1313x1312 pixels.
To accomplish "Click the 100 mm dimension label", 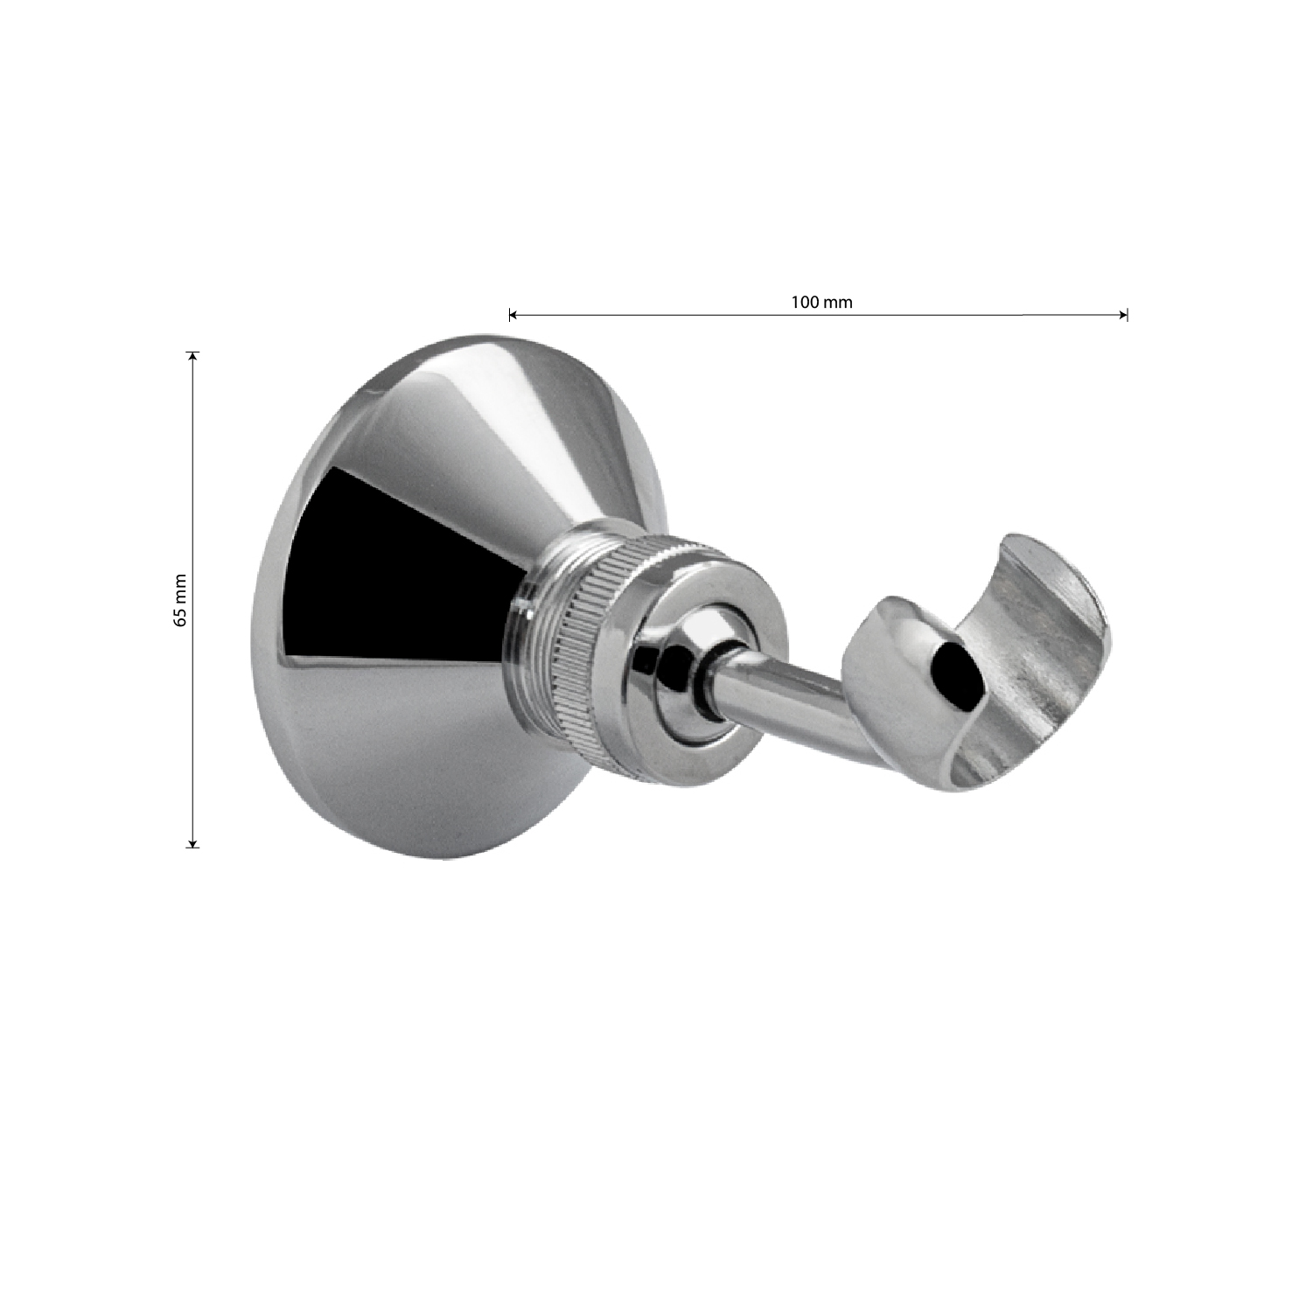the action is pos(821,303).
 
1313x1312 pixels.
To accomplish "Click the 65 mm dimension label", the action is pos(180,600).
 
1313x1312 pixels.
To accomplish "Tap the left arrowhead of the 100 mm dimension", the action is pos(513,315).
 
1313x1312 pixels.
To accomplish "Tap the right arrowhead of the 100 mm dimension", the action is pos(1123,315).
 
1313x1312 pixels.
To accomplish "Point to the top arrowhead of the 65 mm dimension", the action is pos(192,357).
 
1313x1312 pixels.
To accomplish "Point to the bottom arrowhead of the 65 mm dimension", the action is pos(192,841).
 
